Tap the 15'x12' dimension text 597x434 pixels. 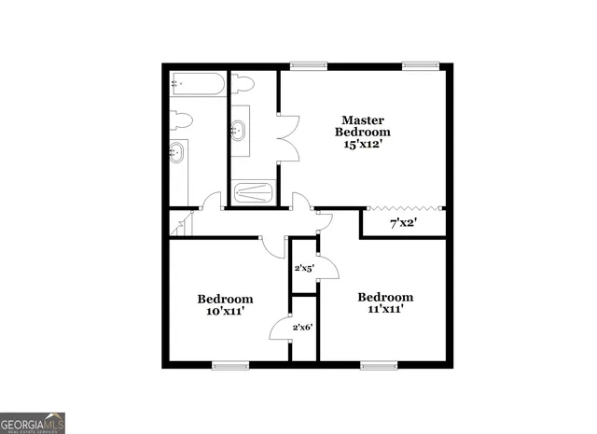pos(363,145)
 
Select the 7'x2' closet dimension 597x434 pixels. pos(402,223)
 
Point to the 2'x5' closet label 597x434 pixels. pos(304,269)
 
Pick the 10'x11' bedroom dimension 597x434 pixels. pos(225,312)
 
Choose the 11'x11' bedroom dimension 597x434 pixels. pos(385,310)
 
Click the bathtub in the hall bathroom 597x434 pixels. pos(198,85)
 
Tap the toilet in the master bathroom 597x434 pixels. pos(243,84)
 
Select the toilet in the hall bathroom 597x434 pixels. pos(181,119)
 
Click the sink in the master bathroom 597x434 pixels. pos(241,129)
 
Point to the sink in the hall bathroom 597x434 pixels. pos(177,152)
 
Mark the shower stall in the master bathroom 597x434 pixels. pos(252,193)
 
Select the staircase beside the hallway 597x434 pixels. pos(180,223)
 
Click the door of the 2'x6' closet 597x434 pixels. pos(279,329)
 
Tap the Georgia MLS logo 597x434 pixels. pos(33,423)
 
